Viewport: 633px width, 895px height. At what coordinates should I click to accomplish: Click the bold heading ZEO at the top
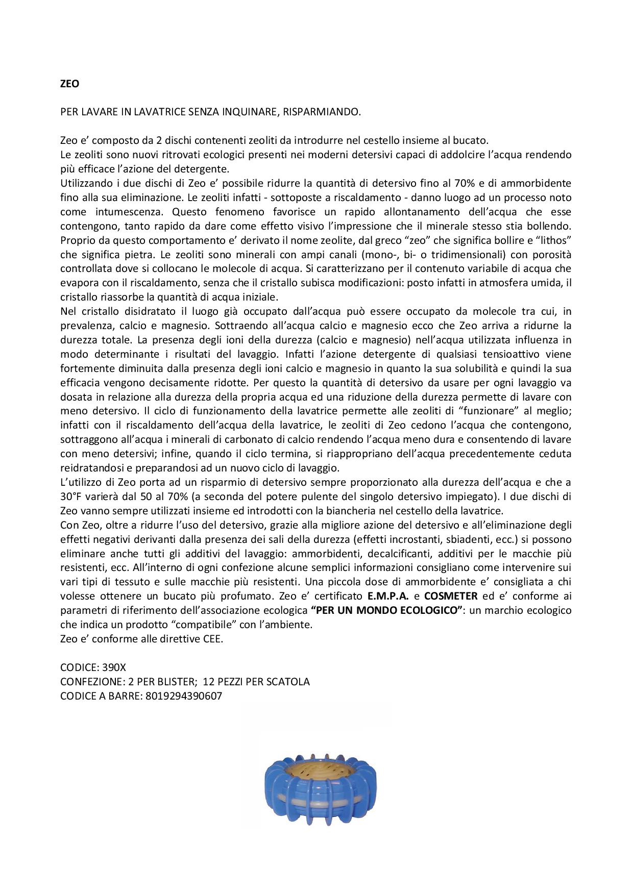pos(69,84)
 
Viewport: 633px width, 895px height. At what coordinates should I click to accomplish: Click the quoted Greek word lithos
pos(553,240)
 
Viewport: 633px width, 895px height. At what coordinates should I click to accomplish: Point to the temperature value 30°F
pos(72,496)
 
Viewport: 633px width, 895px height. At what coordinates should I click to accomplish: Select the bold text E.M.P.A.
pos(388,596)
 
